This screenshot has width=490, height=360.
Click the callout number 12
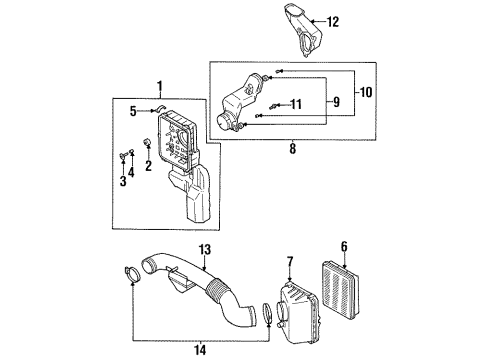pos(332,21)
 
